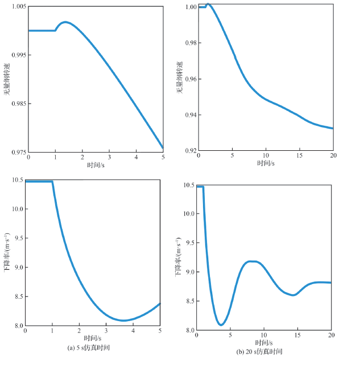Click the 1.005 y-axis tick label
coord(19,6)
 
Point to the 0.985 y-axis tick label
coord(19,104)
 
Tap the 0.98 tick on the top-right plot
coord(191,43)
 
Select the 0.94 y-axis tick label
coord(191,115)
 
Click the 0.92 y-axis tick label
coord(191,150)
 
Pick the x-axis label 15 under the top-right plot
coord(299,155)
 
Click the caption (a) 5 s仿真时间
coord(89,348)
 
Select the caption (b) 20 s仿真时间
coord(259,352)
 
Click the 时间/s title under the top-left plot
coord(96,165)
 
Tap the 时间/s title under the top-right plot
coord(266,163)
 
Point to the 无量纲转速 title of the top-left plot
coord(7,79)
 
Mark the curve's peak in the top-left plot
coord(65,22)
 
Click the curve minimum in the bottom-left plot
coord(123,320)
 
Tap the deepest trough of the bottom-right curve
coord(221,324)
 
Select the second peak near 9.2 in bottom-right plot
coord(252,261)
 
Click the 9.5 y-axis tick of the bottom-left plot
coord(19,238)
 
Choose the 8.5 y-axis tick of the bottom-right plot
coord(191,301)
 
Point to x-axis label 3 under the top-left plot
coord(109,157)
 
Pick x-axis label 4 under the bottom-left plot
coord(133,331)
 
